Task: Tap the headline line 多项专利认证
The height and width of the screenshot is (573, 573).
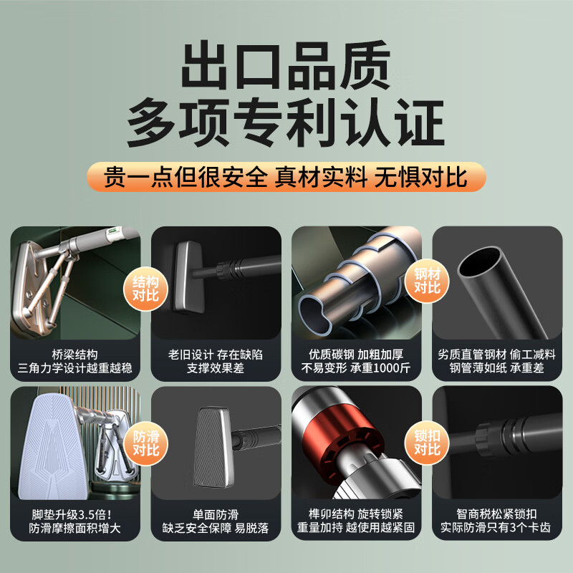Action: point(286,122)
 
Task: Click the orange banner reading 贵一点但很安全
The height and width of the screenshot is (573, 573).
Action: point(286,177)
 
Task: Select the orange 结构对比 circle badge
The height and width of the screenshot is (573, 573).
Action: point(145,289)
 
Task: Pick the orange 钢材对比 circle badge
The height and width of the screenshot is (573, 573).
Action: point(427,281)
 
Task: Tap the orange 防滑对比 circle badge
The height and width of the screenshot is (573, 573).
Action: point(145,443)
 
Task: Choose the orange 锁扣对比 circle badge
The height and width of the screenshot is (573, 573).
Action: point(427,443)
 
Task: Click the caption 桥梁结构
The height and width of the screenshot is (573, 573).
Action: point(75,355)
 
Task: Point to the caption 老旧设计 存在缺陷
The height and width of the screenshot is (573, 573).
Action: point(216,355)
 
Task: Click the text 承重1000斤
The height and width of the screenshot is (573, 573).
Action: point(380,367)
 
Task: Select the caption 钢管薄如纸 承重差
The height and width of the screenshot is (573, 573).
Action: point(496,367)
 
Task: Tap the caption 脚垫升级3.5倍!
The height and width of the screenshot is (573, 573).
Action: point(72,514)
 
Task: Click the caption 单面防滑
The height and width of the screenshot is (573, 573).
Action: point(216,514)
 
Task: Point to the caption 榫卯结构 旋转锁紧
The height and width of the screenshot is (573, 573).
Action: point(356,514)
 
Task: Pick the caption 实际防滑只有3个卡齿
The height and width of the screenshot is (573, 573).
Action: point(496,527)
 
